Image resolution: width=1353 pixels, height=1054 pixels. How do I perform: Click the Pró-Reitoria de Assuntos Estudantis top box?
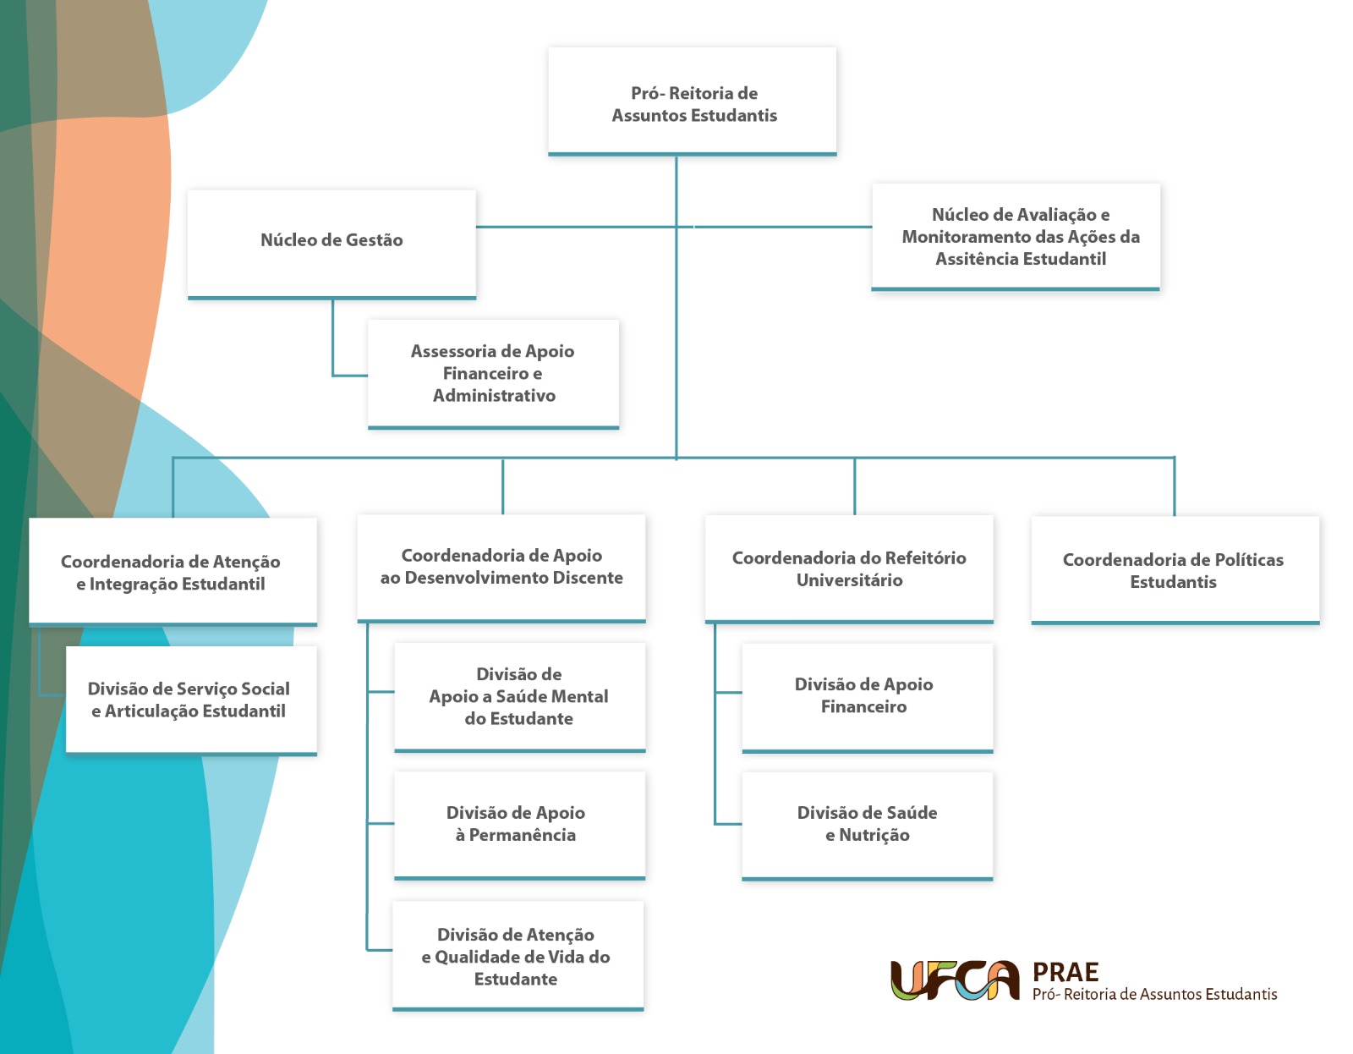693,102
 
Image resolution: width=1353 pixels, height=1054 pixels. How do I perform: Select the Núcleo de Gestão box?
331,243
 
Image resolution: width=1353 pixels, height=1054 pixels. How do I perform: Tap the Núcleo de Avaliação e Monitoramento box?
1016,237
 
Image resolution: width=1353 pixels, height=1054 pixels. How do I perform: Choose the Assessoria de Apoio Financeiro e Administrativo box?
493,373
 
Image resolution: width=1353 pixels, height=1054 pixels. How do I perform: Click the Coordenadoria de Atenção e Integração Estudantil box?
173,572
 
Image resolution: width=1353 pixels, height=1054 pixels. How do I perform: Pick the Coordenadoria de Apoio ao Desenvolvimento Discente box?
501,568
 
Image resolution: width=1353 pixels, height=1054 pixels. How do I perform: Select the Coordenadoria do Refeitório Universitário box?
849,568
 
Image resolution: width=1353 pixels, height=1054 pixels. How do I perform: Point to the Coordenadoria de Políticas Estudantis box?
1175,570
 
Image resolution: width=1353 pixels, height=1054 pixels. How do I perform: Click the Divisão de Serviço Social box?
191,700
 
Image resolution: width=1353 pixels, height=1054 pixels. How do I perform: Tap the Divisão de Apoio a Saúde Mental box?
520,696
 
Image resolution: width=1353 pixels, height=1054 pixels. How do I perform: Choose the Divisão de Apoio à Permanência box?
519,824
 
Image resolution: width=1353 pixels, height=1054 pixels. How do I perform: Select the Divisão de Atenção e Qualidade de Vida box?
518,956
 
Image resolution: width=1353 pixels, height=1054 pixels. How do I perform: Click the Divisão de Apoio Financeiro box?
867,696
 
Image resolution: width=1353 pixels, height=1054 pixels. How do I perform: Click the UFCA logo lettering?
955,981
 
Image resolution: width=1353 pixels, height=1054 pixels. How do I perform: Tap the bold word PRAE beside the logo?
1065,972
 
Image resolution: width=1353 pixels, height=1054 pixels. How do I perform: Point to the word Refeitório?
919,558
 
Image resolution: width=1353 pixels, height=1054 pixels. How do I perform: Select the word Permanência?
522,835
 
